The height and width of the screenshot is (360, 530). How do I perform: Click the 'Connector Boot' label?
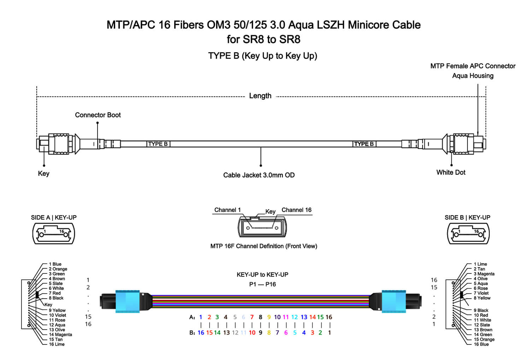[x=98, y=115]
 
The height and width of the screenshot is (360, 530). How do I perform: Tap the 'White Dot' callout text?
[x=450, y=172]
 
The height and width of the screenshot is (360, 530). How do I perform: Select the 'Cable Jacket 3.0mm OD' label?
[x=259, y=175]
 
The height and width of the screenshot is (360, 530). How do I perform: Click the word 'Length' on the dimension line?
[x=260, y=96]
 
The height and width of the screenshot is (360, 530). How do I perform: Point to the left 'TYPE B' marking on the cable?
[x=158, y=144]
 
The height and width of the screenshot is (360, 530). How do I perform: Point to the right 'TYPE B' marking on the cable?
[x=364, y=144]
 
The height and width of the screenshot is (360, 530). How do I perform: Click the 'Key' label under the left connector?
[x=43, y=173]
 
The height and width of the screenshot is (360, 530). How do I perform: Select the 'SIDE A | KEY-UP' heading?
[x=54, y=218]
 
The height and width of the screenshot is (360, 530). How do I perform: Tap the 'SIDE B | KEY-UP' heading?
[x=467, y=218]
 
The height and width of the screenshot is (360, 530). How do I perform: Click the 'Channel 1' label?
[x=227, y=210]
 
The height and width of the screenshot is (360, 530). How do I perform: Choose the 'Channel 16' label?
[x=296, y=210]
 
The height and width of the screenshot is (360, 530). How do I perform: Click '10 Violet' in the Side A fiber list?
[x=58, y=315]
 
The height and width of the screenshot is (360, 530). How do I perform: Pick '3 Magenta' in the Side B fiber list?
[x=484, y=274]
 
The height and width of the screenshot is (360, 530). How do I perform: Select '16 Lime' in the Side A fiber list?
[x=57, y=344]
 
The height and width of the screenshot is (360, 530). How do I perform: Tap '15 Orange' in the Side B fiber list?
[x=484, y=339]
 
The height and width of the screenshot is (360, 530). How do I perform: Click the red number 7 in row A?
[x=252, y=317]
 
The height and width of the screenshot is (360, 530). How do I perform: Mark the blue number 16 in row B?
[x=201, y=333]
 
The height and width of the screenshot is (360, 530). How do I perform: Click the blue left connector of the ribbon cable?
[x=127, y=301]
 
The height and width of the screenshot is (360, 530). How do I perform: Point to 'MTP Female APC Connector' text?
[x=472, y=66]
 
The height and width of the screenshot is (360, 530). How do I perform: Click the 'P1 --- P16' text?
[x=262, y=284]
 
